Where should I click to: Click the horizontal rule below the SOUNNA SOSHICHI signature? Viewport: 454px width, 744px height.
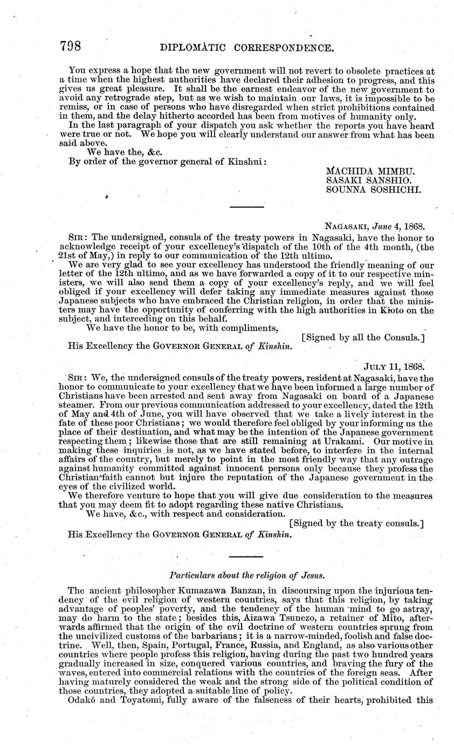pyautogui.click(x=246, y=207)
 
